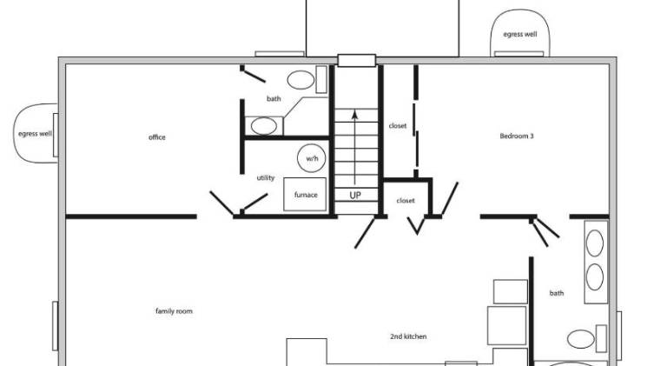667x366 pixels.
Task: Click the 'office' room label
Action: pyautogui.click(x=157, y=137)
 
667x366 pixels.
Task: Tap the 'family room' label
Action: pyautogui.click(x=174, y=311)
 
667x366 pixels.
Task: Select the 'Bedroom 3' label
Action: pyautogui.click(x=517, y=136)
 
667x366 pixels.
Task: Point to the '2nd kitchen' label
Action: pyautogui.click(x=408, y=336)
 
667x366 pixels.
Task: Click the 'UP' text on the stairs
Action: pyautogui.click(x=355, y=196)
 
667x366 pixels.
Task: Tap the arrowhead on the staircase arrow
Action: pyautogui.click(x=354, y=115)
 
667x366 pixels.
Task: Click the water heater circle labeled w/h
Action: pyautogui.click(x=312, y=158)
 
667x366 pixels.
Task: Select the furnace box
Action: pyautogui.click(x=305, y=195)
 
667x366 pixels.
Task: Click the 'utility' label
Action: pyautogui.click(x=266, y=178)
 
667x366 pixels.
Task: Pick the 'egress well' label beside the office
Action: pyautogui.click(x=35, y=134)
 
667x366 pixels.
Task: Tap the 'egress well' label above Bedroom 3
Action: pyautogui.click(x=520, y=35)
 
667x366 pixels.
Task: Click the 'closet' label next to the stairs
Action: pyautogui.click(x=397, y=126)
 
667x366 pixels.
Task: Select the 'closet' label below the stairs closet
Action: pyautogui.click(x=406, y=201)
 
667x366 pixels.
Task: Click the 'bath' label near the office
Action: pyautogui.click(x=274, y=99)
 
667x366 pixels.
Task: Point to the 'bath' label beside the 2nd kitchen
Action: pyautogui.click(x=557, y=293)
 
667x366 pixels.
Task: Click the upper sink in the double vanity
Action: pyautogui.click(x=595, y=243)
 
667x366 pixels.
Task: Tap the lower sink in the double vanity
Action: pyautogui.click(x=595, y=277)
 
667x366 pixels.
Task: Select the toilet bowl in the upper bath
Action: pyautogui.click(x=300, y=80)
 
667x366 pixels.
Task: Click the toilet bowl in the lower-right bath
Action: pyautogui.click(x=581, y=339)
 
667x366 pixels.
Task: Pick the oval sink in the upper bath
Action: pyautogui.click(x=264, y=126)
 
